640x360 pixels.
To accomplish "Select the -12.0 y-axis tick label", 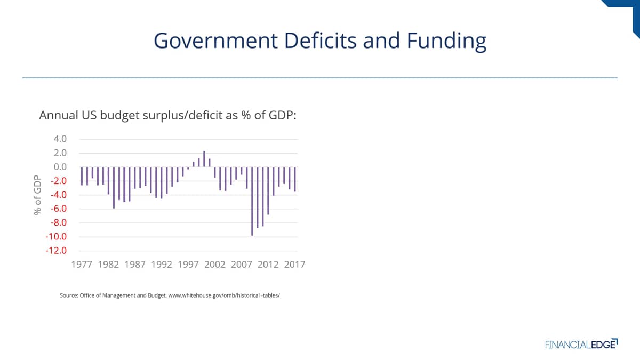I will (55, 251).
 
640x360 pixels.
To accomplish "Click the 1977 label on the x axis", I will (82, 265).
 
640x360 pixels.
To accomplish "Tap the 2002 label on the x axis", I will (214, 265).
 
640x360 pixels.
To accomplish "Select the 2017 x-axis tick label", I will (294, 265).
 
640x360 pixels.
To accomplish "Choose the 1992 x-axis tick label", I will (161, 265).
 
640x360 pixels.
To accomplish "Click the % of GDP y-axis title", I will (38, 195).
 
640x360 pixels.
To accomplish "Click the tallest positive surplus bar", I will (204, 159).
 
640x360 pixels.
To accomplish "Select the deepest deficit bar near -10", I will (252, 201).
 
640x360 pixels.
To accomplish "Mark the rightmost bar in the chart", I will (294, 179).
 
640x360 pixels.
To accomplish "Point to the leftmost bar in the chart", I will (82, 176).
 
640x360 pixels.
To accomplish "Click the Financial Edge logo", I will (581, 344).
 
